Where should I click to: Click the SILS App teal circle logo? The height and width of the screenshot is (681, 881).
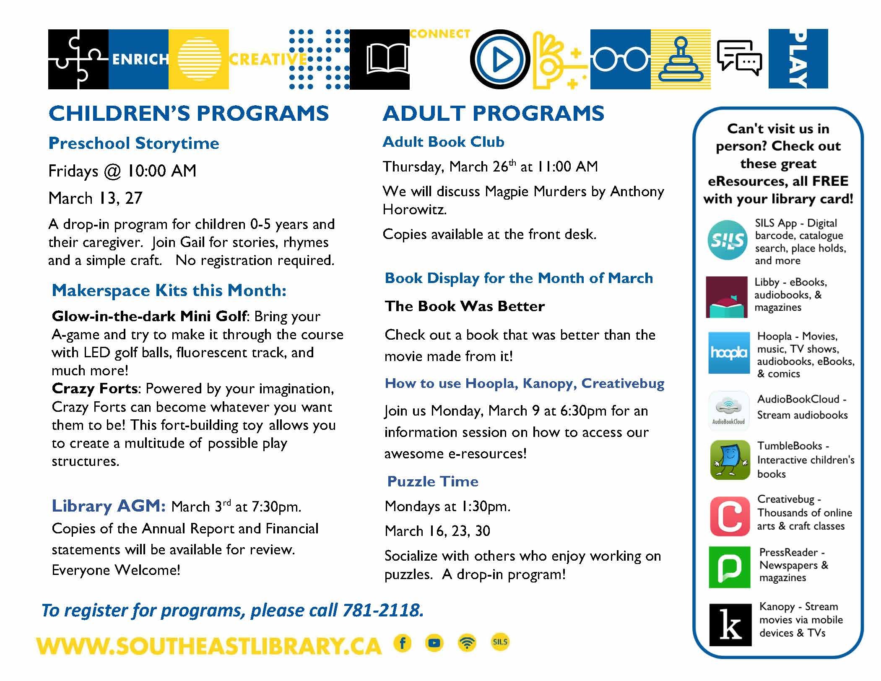pos(727,240)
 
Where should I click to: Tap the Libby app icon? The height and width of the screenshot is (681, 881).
pos(726,296)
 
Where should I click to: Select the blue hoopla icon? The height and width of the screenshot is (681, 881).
pos(729,353)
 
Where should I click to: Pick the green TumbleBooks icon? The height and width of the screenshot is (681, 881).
pos(730,460)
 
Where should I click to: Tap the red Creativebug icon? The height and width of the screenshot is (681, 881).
pos(730,516)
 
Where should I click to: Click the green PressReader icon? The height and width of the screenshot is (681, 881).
pos(729,567)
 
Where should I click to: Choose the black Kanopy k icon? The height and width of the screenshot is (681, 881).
pos(730,624)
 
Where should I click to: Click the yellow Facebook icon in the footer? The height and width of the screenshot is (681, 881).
pos(403,643)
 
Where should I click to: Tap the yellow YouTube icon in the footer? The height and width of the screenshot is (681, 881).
pos(434,643)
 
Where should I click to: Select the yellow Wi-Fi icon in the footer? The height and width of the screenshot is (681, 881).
pos(467,643)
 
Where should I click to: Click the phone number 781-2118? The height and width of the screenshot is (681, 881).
pos(382,610)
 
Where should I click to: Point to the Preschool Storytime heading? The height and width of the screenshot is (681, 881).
pos(134,143)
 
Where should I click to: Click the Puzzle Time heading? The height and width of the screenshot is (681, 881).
pos(432,481)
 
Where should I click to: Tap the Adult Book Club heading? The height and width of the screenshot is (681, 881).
pos(443,142)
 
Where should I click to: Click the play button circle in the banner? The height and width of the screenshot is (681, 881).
pos(500,60)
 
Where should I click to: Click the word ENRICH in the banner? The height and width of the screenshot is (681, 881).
pos(140,60)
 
